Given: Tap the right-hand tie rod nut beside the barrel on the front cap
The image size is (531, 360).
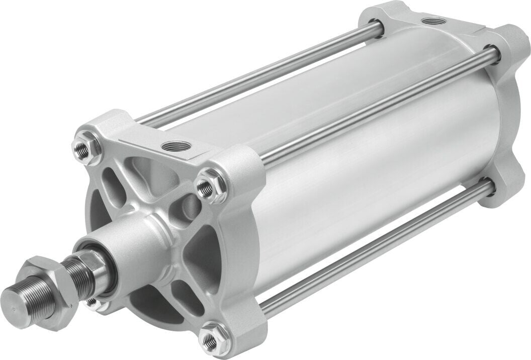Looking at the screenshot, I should click(x=207, y=187).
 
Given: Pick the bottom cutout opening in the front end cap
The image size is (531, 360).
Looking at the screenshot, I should click(x=151, y=307).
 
